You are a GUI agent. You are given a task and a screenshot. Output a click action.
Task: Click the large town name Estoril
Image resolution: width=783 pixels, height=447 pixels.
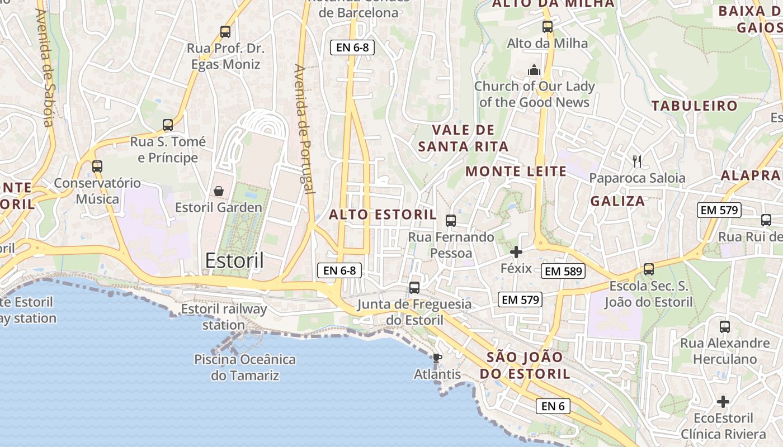(234, 260)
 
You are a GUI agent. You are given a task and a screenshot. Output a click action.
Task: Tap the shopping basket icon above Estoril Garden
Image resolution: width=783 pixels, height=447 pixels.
(219, 191)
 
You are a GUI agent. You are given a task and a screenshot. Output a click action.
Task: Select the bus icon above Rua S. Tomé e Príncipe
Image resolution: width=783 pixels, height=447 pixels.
(168, 125)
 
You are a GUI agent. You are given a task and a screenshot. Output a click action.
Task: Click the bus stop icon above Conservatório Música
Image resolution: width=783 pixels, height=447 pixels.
(97, 166)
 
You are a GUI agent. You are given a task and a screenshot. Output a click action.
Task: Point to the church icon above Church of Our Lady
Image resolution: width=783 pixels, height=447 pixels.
(534, 70)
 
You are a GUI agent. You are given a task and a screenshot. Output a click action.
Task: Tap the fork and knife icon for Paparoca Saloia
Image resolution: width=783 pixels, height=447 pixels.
(636, 161)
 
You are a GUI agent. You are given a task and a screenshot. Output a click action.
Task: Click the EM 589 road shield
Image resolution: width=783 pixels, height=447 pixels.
(563, 272)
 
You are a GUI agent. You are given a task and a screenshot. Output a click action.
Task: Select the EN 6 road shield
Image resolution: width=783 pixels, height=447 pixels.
(553, 406)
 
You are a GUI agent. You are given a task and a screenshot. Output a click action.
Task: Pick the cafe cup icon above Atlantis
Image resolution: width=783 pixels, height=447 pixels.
(437, 358)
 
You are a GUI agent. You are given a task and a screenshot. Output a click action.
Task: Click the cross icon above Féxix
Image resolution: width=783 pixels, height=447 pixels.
(516, 252)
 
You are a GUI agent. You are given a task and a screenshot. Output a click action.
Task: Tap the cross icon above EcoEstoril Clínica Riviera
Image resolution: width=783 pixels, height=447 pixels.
(723, 402)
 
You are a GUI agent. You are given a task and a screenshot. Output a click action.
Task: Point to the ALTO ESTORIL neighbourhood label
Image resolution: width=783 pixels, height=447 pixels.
(383, 215)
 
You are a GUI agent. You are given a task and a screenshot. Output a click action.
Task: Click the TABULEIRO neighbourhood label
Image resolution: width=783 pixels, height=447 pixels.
(695, 106)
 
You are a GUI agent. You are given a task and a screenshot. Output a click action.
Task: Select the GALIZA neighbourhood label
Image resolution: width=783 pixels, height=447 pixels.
(618, 201)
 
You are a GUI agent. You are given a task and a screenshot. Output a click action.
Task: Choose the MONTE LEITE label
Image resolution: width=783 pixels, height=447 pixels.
(516, 172)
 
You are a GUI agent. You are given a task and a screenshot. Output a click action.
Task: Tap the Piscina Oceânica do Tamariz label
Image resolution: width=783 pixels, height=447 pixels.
(245, 367)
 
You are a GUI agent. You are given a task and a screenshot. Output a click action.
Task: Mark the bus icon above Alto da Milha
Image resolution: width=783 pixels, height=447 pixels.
(548, 26)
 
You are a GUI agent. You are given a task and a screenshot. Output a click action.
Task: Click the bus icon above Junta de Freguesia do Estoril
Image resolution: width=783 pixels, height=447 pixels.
(414, 287)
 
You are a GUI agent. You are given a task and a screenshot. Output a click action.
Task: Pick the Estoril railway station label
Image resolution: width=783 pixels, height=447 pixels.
(224, 317)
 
